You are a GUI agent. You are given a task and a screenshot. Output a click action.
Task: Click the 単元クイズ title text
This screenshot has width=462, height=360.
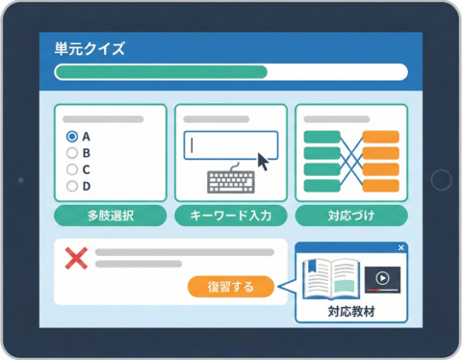point(90,48)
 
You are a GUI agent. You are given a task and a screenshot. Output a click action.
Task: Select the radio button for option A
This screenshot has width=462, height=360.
point(71,137)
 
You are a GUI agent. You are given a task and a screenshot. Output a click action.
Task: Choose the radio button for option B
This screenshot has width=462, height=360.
point(71,153)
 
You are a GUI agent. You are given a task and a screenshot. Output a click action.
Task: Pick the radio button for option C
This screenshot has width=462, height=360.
point(71,169)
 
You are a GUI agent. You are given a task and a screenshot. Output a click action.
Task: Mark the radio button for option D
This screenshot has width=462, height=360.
point(71,186)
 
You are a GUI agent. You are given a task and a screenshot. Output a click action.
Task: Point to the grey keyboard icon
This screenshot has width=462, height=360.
point(232,182)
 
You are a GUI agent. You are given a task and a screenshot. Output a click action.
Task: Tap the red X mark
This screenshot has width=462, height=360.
point(75,258)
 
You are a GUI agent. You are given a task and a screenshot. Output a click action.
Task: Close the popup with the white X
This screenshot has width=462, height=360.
point(401,248)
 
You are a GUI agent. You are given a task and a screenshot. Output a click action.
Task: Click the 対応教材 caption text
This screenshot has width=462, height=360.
point(351,312)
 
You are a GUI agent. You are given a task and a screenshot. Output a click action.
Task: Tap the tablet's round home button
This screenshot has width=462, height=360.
point(440,180)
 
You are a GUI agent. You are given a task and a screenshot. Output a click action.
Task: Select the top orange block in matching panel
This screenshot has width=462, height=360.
point(381,138)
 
